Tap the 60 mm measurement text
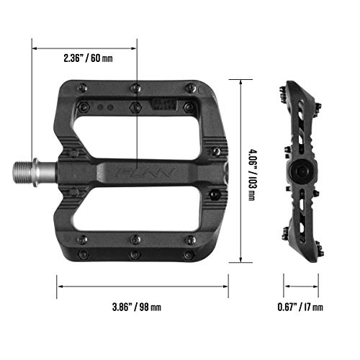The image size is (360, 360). tap(101, 58)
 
